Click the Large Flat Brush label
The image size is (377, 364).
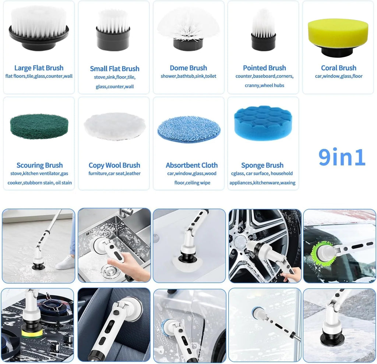click(39, 68)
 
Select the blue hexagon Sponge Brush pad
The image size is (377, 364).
click(263, 123)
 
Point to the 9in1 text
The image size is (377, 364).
click(342, 157)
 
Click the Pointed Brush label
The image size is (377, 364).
click(264, 68)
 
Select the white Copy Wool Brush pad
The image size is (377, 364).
click(114, 126)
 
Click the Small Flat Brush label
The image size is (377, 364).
click(114, 69)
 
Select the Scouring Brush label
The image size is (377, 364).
click(39, 165)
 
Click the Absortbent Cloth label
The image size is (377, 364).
click(191, 165)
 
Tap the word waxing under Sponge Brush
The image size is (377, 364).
click(288, 183)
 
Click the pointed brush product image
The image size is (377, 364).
click(263, 29)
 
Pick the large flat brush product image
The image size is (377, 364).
click(38, 28)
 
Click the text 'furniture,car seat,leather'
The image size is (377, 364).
click(114, 174)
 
